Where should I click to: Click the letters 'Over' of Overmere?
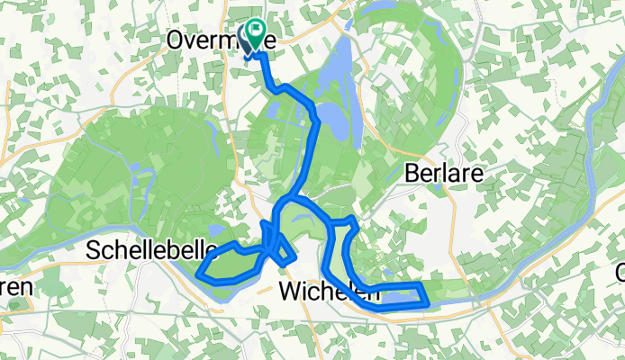[x=189, y=40]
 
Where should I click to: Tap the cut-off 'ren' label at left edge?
[x=15, y=288]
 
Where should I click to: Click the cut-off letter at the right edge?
[x=620, y=271]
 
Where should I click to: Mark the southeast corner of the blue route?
[x=424, y=304]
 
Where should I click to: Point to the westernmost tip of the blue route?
[x=198, y=267]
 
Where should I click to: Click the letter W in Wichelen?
[x=288, y=291]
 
